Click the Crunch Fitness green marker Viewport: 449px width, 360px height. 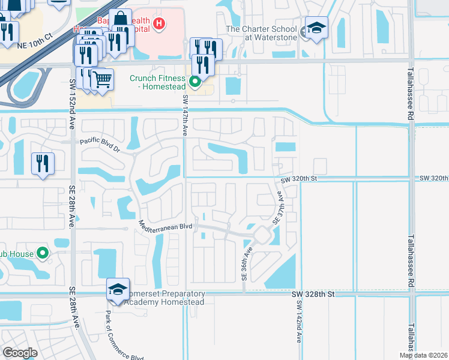tap(194, 82)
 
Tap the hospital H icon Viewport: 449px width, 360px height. tap(159, 24)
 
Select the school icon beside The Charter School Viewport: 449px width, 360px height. tap(316, 28)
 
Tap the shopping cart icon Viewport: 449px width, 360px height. tap(102, 79)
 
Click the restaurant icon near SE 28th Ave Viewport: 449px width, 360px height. tap(43, 163)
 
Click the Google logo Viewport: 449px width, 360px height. tap(20, 352)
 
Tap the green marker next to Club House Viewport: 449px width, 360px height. tap(42, 253)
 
